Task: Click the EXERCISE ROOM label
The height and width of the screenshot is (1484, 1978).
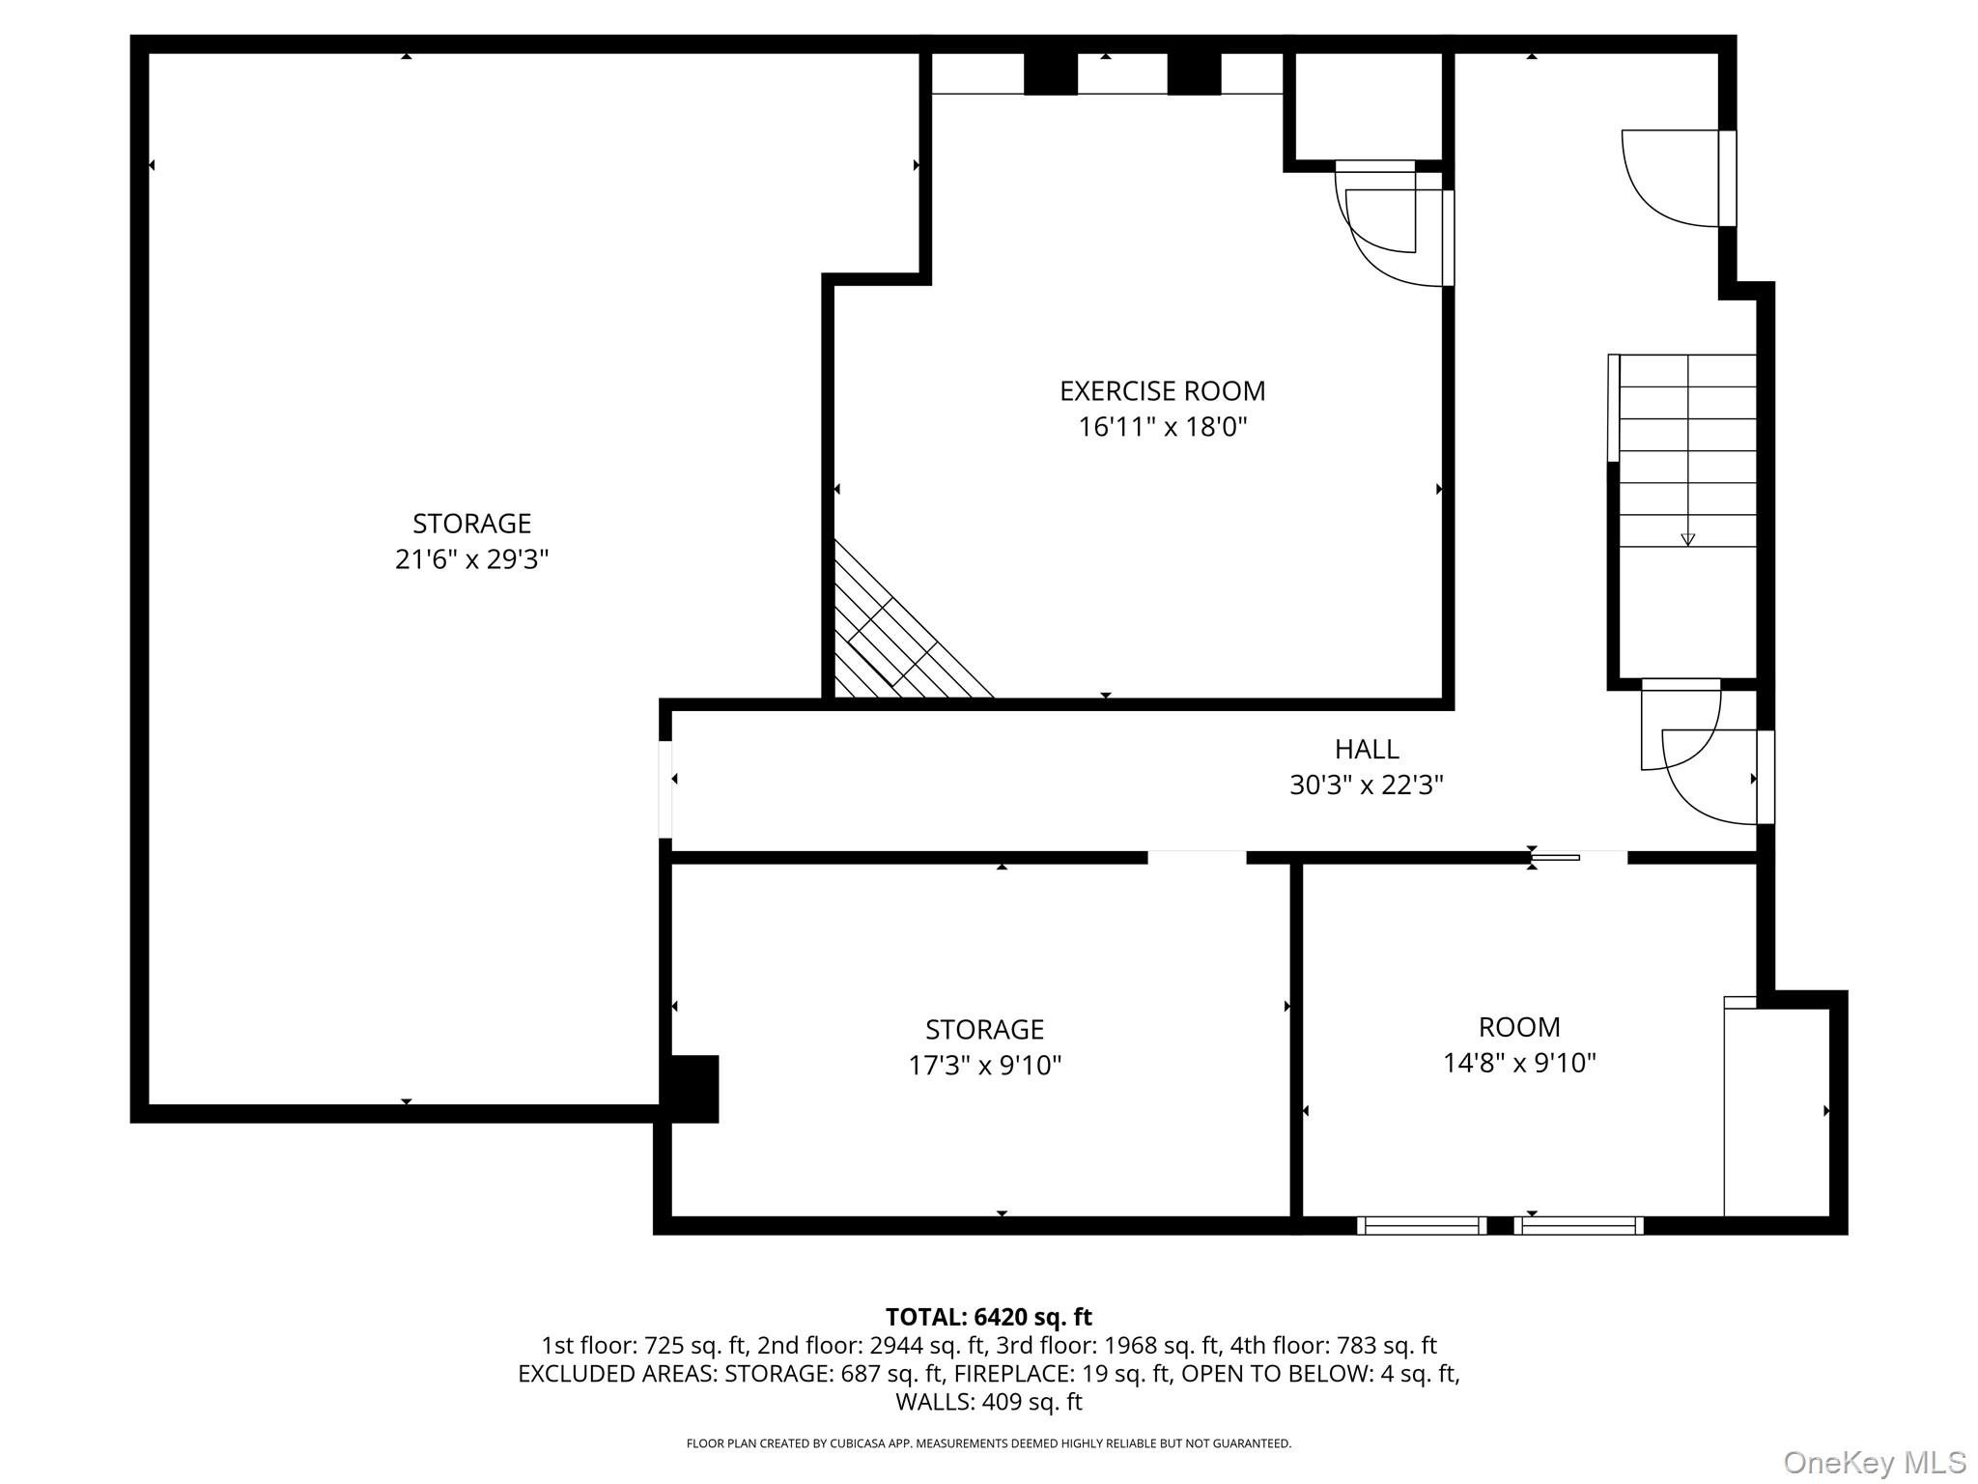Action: pos(1162,391)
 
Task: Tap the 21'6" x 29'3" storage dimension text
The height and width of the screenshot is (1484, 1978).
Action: pos(471,559)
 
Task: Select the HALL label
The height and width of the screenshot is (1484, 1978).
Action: pos(1366,749)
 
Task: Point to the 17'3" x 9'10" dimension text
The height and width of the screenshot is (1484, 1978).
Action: pos(984,1066)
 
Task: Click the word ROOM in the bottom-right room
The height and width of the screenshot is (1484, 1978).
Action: pos(1518,1027)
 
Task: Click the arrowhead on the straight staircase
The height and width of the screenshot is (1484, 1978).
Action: pos(1687,540)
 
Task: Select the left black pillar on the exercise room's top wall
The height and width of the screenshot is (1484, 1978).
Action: pos(1050,73)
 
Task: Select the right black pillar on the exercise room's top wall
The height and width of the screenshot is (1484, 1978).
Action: pos(1194,73)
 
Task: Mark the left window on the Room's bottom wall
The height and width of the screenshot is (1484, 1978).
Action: pos(1421,1226)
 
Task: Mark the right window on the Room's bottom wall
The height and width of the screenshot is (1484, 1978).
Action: pos(1578,1226)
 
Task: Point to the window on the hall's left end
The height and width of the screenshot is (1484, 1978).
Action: pos(665,789)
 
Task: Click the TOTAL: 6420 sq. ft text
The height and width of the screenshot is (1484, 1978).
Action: pos(988,1317)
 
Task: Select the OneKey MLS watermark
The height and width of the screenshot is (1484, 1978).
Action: pos(1874,1463)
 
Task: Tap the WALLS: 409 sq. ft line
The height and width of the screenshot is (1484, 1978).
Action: pos(988,1402)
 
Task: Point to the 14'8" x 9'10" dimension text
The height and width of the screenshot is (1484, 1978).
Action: pos(1518,1064)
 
